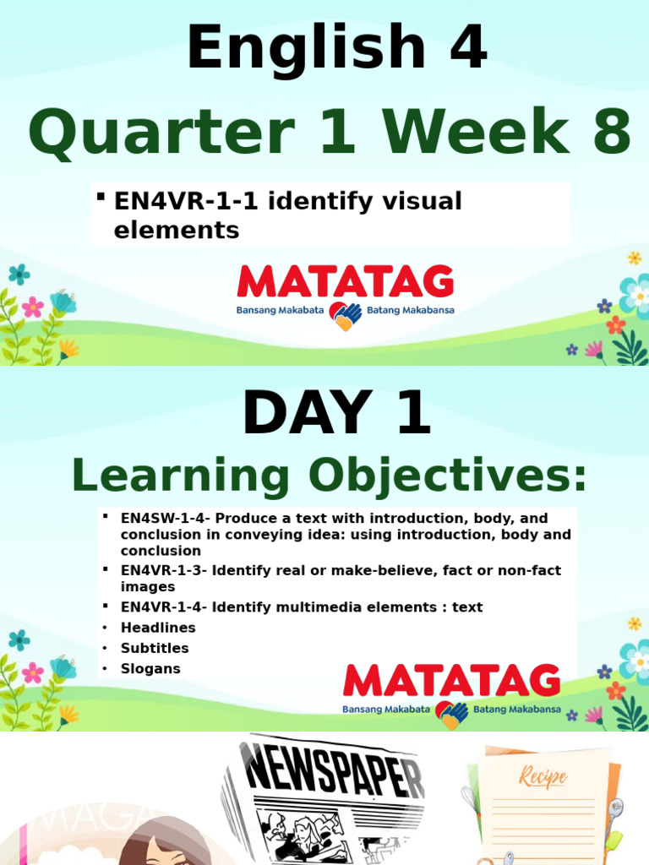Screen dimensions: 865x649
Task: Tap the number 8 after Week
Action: [x=610, y=134]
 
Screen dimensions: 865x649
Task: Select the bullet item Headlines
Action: [x=158, y=628]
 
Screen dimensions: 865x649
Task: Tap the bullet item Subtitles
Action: [x=155, y=648]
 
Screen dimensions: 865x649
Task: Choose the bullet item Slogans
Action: [x=150, y=668]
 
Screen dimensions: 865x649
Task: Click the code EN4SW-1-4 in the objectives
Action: [x=162, y=518]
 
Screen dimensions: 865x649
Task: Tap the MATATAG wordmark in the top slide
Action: [x=345, y=282]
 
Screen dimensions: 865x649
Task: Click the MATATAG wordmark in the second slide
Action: [x=451, y=682]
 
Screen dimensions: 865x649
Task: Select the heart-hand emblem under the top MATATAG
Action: [x=345, y=315]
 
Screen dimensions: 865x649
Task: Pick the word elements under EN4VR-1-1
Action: [x=177, y=229]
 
